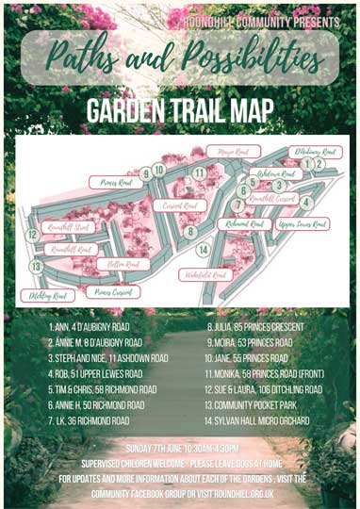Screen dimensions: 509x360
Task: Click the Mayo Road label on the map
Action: pos(230,152)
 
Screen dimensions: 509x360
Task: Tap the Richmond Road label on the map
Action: pos(244,225)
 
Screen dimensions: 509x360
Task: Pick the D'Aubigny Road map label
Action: pos(316,151)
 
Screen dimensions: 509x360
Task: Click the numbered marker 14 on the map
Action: pos(203,250)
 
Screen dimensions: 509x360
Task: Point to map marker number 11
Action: pos(199,173)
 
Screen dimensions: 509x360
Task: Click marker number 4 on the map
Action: pos(304,201)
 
